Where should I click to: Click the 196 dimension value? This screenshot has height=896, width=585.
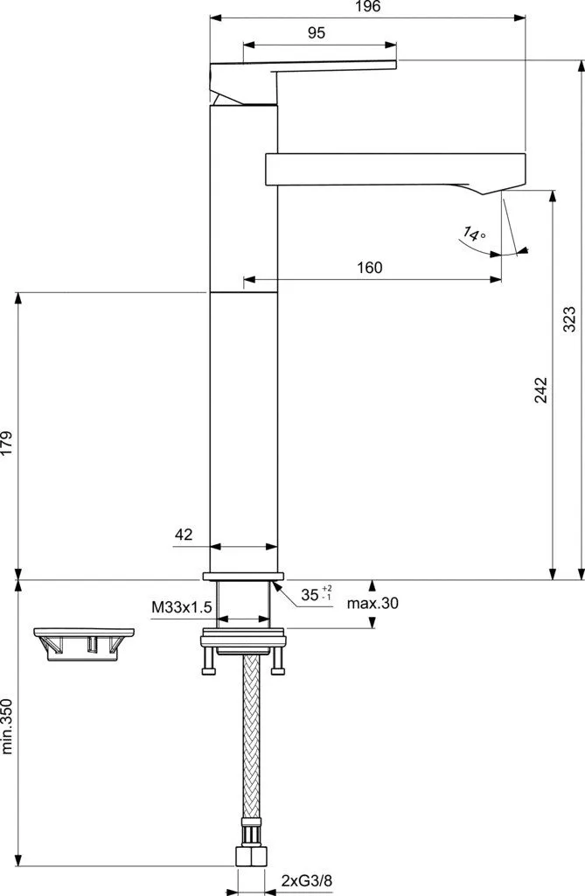(x=367, y=7)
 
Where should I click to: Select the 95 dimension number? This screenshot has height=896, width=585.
(x=316, y=33)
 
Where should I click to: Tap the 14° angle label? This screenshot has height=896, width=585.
(x=474, y=234)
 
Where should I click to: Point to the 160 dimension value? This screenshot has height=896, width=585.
(x=370, y=268)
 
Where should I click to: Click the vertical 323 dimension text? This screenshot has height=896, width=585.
(x=569, y=319)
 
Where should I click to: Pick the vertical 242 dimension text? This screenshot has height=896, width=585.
(x=540, y=390)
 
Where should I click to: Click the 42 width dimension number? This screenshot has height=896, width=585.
(x=184, y=535)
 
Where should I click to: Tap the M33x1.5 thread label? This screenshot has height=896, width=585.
(x=182, y=607)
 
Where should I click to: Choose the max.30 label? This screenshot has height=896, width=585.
(x=373, y=603)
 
